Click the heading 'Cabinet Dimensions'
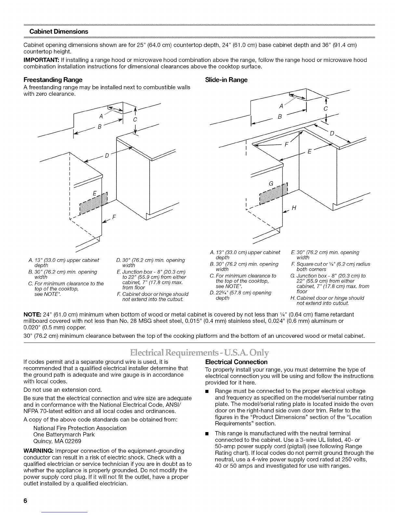[x=59, y=32]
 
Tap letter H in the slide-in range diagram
[x=294, y=208]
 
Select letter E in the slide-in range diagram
[x=310, y=152]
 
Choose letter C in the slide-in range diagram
[x=326, y=108]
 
